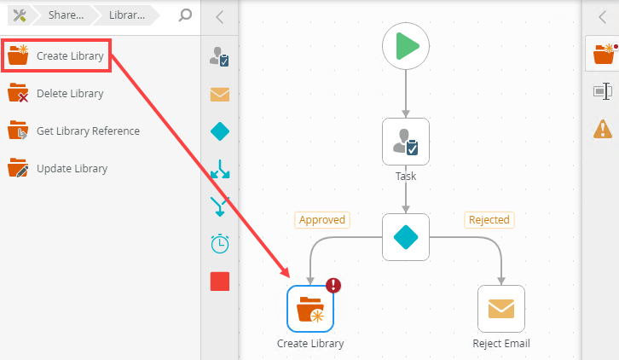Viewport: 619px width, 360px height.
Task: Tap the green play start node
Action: pos(406,46)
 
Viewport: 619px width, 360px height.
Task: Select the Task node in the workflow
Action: pos(406,142)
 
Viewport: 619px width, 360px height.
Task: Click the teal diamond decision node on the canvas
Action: pos(406,236)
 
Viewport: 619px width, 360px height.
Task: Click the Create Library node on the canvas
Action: pos(310,309)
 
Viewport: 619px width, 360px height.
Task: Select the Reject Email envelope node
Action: pos(501,309)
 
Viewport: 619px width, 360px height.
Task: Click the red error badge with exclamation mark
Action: pos(333,286)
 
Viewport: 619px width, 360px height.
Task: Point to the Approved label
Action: pos(322,220)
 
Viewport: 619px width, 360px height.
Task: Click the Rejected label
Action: pos(489,220)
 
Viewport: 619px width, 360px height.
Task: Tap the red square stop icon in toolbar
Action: pos(220,282)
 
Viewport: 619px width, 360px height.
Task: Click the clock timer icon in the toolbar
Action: pos(220,244)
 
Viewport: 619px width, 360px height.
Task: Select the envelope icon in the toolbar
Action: pos(220,94)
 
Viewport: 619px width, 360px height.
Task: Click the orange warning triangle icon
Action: pos(602,129)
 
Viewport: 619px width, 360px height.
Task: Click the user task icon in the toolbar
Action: pos(220,57)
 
